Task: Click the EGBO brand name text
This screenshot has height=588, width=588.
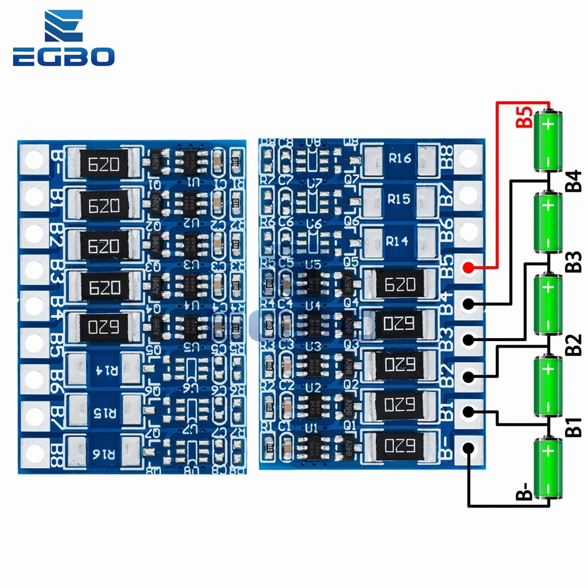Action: (63, 57)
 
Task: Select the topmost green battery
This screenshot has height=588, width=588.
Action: (548, 140)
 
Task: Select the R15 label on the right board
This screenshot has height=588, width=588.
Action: (399, 199)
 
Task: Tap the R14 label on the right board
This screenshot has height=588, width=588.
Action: (399, 240)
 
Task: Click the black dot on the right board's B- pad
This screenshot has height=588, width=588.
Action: (469, 448)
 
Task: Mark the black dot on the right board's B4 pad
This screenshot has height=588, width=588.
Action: (469, 304)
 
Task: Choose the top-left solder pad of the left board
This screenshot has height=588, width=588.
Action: (34, 158)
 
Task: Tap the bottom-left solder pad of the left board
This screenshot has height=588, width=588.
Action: (34, 452)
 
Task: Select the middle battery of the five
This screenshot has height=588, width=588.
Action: (548, 305)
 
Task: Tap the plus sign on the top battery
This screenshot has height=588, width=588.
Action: (548, 125)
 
